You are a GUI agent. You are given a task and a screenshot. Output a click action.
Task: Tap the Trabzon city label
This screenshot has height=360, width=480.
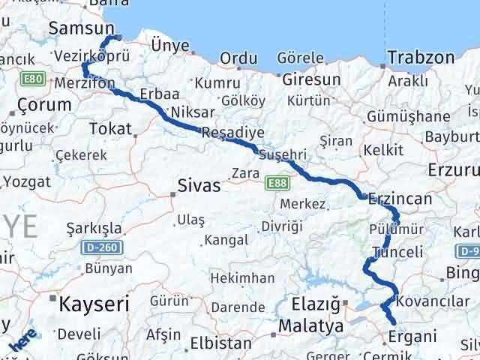click(421, 57)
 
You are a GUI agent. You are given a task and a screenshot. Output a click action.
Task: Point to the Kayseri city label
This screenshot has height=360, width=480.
click(94, 304)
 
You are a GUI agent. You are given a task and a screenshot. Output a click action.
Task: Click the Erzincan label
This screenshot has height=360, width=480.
click(396, 200)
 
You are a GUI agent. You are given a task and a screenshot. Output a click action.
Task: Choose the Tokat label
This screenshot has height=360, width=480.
click(109, 129)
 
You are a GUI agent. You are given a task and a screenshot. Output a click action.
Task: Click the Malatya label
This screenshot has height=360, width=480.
click(310, 326)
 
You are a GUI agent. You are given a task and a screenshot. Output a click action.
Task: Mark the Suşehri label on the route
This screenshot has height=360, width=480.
click(282, 154)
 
